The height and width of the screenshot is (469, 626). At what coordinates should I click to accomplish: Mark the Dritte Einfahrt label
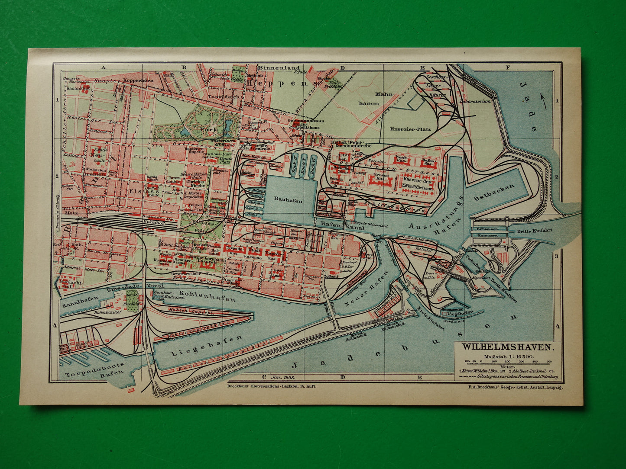pos(535,231)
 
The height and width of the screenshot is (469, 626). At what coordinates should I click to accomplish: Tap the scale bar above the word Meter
pos(507,362)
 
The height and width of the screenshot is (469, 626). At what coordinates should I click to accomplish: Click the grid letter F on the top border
pos(508,67)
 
